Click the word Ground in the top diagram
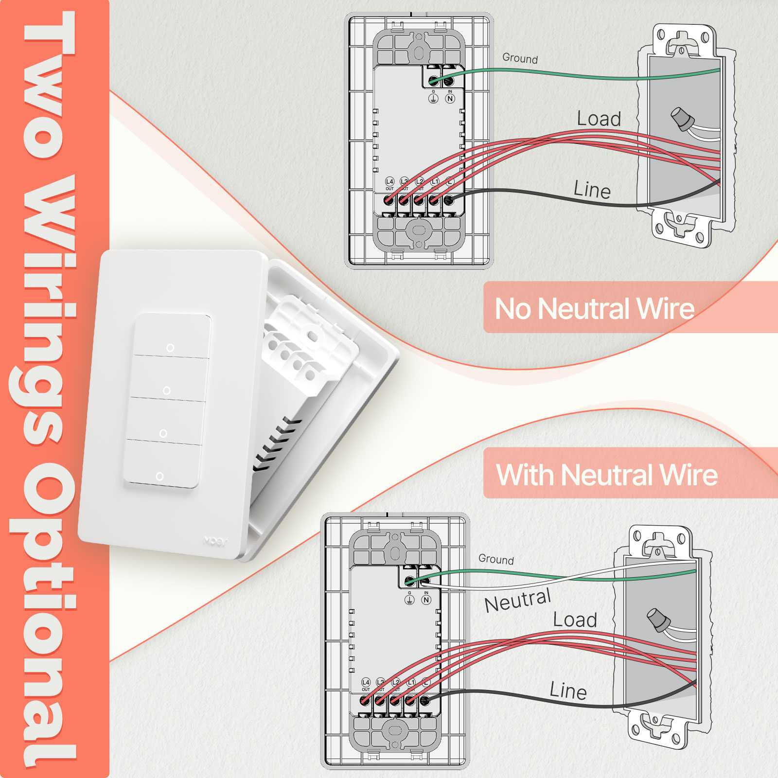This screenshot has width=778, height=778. (x=520, y=58)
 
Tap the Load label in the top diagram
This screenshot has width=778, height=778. (x=599, y=119)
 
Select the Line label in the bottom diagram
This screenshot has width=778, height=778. (x=568, y=691)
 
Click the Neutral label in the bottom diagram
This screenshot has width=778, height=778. (x=518, y=601)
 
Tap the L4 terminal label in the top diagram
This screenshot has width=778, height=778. (x=389, y=182)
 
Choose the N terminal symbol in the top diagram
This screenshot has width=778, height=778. (x=450, y=99)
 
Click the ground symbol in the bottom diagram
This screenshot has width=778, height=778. (x=409, y=600)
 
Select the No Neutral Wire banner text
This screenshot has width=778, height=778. (x=594, y=308)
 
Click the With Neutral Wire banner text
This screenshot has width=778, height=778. (x=606, y=475)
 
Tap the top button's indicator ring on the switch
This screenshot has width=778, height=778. (x=170, y=348)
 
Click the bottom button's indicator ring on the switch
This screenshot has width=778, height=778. (x=159, y=476)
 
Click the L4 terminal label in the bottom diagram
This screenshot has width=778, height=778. (x=366, y=683)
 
